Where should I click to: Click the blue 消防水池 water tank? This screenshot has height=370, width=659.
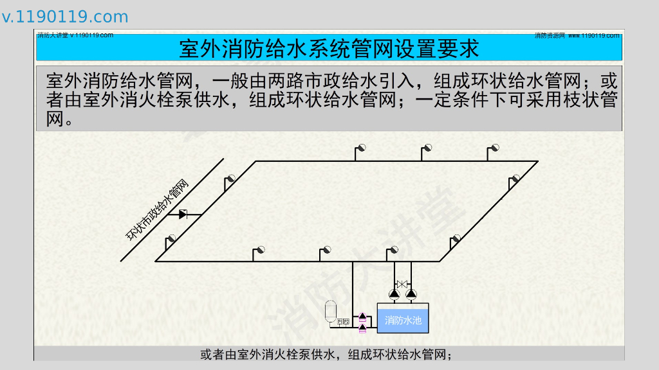(x=403, y=319)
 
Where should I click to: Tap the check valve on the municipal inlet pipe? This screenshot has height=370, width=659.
(x=183, y=214)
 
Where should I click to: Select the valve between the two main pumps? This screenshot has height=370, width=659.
(x=402, y=283)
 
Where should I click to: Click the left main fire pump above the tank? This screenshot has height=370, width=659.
(x=394, y=294)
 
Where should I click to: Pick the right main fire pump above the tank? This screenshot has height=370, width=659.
(x=411, y=294)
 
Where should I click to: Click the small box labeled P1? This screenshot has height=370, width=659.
(x=340, y=321)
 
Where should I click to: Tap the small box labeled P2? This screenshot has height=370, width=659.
(x=346, y=321)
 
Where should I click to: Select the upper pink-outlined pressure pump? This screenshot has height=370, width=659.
(x=362, y=317)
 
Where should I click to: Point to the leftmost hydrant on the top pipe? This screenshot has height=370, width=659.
(x=362, y=148)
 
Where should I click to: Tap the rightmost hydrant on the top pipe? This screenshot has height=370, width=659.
(x=494, y=148)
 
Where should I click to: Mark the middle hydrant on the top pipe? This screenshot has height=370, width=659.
(x=427, y=148)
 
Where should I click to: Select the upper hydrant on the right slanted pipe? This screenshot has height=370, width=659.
(x=515, y=179)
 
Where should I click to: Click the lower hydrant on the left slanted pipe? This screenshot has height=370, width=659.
(x=171, y=239)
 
